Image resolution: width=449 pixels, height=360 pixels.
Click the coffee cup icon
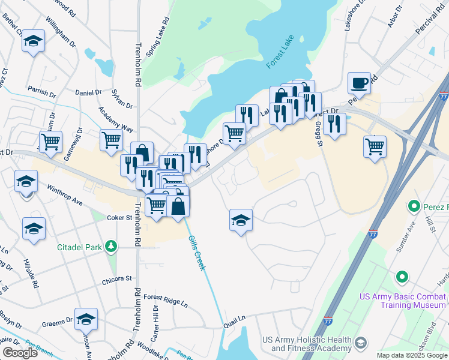pos(359,83)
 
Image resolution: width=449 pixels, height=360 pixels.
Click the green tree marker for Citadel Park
pos(111,246)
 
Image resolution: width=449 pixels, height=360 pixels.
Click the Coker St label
pos(119,218)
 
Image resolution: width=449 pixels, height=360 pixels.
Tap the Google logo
pos(20,353)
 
